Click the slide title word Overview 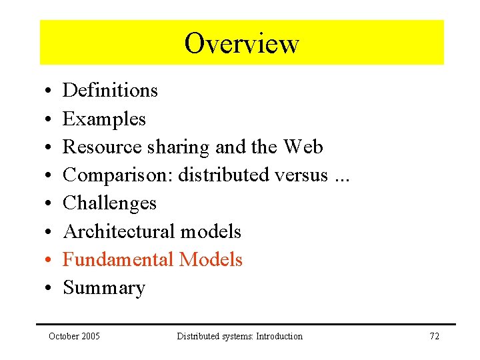[x=241, y=43]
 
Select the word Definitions [x=110, y=90]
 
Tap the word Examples [x=104, y=119]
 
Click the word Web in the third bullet [x=303, y=147]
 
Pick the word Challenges [x=109, y=203]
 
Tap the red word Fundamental [x=117, y=259]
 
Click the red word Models [x=210, y=259]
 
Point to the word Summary [x=104, y=288]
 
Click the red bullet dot [x=50, y=260]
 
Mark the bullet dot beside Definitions [x=50, y=91]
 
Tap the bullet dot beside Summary [x=50, y=289]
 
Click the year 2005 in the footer [x=90, y=336]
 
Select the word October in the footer [x=63, y=336]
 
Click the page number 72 [x=434, y=336]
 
